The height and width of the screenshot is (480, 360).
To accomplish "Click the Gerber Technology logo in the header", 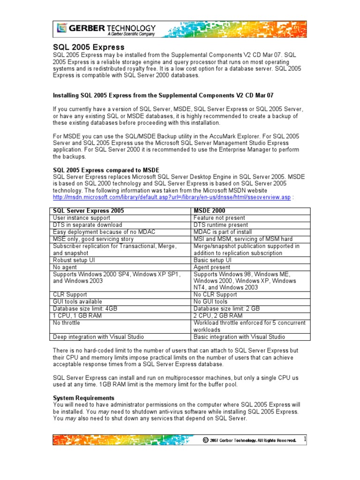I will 105,29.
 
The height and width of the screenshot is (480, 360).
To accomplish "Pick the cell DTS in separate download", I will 88,225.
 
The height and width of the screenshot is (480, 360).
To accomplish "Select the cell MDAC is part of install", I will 223,232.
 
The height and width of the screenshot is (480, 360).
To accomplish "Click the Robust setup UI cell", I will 75,260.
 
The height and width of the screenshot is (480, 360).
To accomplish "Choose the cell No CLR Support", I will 215,294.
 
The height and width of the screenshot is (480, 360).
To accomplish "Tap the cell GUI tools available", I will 77,301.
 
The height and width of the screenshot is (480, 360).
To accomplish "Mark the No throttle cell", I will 67,322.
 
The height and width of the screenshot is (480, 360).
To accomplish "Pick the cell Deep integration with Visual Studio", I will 98,337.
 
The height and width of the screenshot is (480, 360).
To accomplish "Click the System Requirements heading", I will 83,397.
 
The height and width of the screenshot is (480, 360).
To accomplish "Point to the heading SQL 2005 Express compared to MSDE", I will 106,170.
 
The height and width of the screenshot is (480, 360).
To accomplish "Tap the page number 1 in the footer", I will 305,439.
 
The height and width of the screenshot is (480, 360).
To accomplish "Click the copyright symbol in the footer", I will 205,440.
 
